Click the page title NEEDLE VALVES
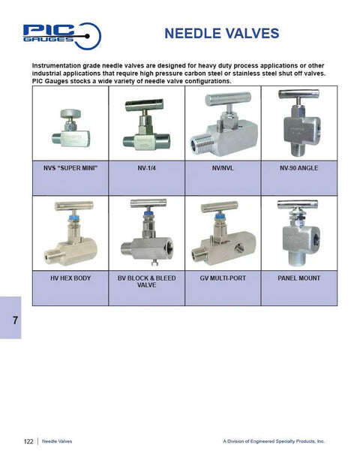coord(221,34)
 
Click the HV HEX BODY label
coord(71,278)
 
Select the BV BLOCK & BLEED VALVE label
coord(146,281)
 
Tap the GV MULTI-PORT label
coord(222,278)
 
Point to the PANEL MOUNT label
coord(298,278)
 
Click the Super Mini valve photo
coord(70,128)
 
